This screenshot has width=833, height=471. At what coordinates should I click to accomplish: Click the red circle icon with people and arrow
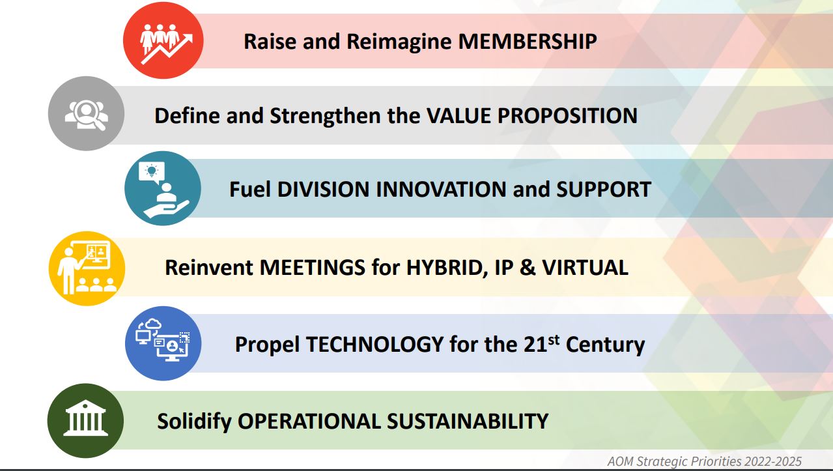coord(163,40)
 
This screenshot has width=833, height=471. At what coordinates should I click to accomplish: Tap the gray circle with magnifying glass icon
coord(86,113)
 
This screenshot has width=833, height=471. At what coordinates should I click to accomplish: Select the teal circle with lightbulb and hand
coord(163,188)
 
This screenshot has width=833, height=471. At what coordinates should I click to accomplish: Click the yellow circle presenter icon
coord(87,268)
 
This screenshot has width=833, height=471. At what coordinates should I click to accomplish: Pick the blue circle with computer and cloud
coord(163,343)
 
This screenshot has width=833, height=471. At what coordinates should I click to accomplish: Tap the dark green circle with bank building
coord(85,421)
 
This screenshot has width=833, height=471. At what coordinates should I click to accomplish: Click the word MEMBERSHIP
coord(528,41)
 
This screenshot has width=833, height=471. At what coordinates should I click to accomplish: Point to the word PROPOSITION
coord(567,116)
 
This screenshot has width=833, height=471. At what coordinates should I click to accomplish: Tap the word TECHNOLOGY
coord(375,344)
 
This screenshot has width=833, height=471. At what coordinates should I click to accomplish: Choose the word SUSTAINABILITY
coord(468,421)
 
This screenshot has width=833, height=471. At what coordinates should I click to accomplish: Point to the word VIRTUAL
coord(586,268)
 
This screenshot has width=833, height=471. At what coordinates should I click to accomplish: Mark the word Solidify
coord(194,422)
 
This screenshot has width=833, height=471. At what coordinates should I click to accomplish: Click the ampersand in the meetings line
coord(528,268)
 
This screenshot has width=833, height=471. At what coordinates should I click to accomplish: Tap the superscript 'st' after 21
coord(554,339)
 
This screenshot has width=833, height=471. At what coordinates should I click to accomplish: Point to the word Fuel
coord(250,190)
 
